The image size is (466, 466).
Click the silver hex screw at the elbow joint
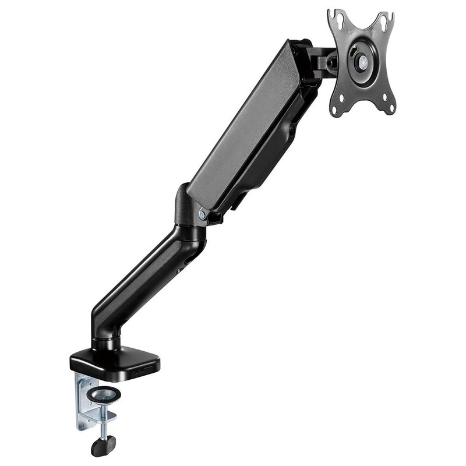tap(202, 215)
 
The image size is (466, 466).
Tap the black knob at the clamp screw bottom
tap(103, 446)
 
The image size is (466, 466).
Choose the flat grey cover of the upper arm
tap(245, 128)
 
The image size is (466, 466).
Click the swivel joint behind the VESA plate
tap(323, 61)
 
